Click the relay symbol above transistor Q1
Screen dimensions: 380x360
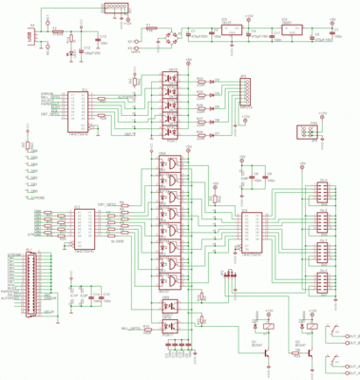click(273, 325)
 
